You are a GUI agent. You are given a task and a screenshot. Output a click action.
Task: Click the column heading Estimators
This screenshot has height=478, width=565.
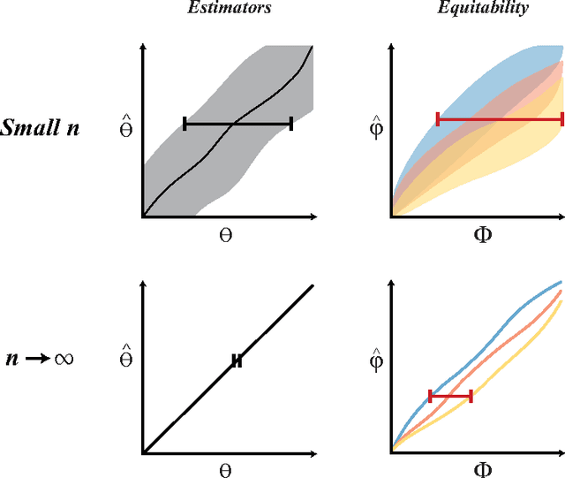(x=228, y=9)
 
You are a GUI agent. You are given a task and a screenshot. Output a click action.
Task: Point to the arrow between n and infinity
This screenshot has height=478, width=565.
(x=36, y=360)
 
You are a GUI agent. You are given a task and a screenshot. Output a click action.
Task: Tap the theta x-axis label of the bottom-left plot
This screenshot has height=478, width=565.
(x=224, y=469)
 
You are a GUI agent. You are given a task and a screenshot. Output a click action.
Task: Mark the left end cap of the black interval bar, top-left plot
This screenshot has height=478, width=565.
(x=185, y=125)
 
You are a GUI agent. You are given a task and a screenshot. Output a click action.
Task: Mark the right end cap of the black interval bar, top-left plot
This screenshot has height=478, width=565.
(x=291, y=125)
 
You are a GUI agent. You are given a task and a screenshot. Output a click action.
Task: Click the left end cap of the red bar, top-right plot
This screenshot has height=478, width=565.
(x=437, y=118)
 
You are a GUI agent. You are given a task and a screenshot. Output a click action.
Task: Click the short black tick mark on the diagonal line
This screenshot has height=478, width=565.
(x=237, y=360)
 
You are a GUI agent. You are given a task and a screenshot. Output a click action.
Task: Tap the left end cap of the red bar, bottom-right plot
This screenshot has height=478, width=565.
(x=431, y=397)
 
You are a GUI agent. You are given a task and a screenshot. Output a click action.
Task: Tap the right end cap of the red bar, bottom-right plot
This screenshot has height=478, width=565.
(x=471, y=397)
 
